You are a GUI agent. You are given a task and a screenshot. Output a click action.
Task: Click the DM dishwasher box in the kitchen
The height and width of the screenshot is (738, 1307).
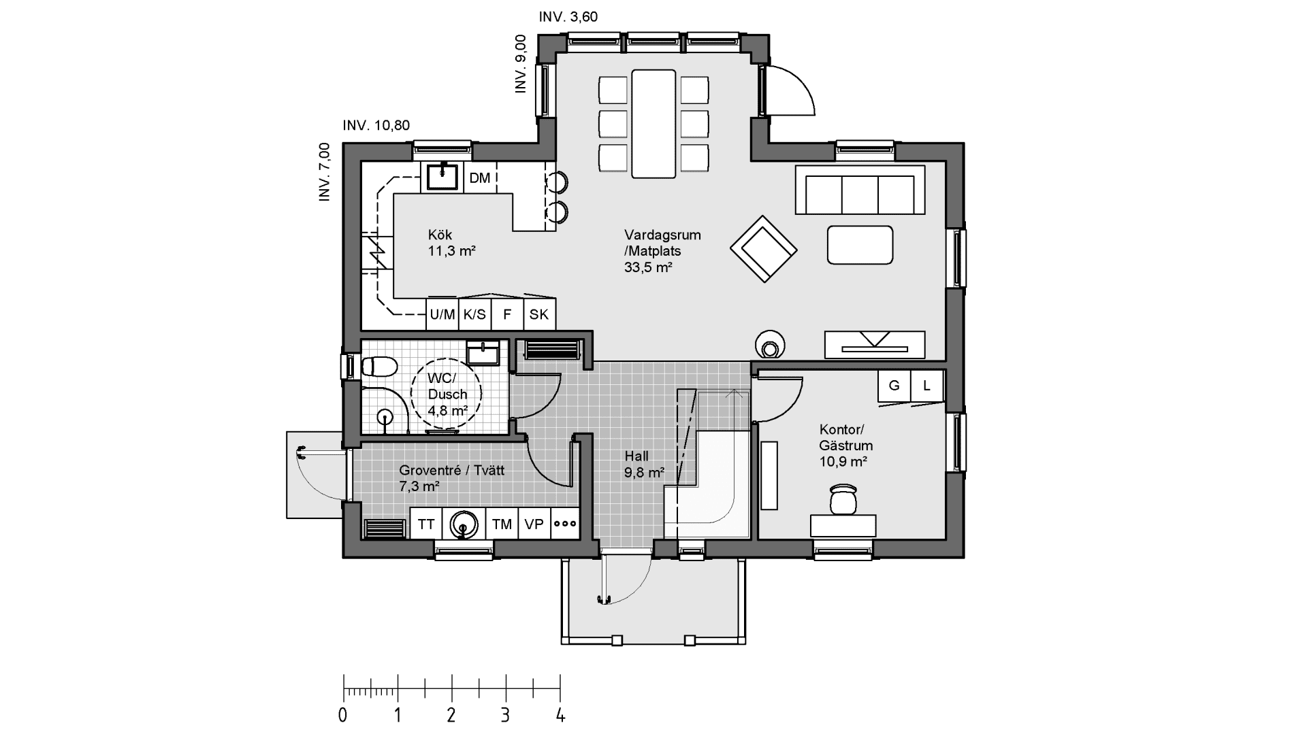[480, 178]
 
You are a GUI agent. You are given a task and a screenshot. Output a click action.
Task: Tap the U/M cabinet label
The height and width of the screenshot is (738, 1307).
[442, 315]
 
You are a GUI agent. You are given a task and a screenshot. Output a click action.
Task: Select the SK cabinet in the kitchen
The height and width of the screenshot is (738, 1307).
[539, 315]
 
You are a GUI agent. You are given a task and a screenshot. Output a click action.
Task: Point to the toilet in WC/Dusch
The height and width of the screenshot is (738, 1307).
[378, 367]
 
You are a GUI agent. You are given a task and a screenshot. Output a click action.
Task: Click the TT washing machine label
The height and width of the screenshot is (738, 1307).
[426, 524]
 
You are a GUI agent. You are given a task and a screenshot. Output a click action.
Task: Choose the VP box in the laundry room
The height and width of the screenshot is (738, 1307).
[534, 524]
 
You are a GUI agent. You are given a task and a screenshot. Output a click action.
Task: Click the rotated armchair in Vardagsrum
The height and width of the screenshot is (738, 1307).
[763, 249]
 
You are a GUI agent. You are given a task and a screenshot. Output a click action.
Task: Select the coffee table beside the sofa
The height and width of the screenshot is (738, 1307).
[860, 245]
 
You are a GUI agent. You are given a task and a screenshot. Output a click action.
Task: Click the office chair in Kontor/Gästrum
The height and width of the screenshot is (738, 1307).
[843, 499]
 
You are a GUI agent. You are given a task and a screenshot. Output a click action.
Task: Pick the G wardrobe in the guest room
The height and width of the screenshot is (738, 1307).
[894, 386]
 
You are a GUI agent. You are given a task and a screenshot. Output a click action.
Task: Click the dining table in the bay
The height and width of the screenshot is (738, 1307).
[653, 123]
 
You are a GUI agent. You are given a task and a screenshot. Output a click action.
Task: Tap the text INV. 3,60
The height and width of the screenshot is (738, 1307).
[568, 17]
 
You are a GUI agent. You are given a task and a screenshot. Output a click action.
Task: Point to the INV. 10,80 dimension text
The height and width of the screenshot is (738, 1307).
[376, 126]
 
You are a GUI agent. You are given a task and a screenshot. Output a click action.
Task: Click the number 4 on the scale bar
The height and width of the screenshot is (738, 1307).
[560, 716]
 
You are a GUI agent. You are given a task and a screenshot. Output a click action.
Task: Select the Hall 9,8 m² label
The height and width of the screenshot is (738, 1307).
[643, 464]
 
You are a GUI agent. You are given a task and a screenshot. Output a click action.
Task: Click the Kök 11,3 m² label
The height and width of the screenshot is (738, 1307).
[451, 243]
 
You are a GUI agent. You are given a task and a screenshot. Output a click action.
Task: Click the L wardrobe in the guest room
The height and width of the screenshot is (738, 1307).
[926, 386]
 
